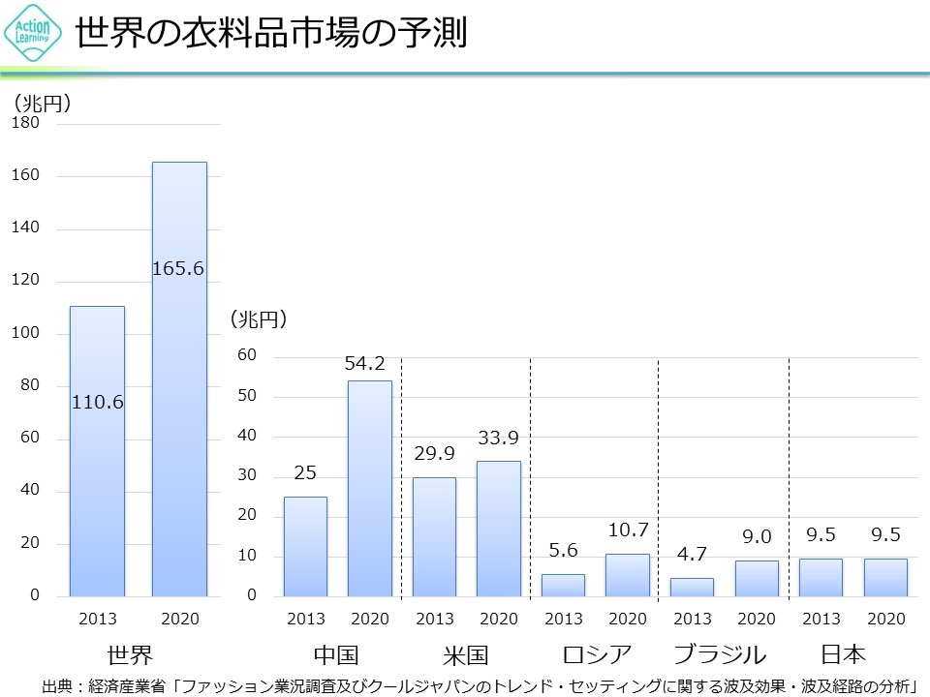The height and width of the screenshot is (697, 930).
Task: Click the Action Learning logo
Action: click(x=33, y=34)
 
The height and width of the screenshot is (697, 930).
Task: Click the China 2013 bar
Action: click(x=305, y=546)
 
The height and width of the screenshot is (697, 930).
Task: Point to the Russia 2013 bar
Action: click(x=563, y=585)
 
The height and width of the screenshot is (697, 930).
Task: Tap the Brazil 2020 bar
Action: click(x=757, y=578)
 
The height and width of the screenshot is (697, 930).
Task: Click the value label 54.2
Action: click(x=365, y=364)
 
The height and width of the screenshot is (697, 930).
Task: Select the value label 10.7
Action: click(x=628, y=530)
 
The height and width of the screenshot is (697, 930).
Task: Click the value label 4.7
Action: click(x=692, y=554)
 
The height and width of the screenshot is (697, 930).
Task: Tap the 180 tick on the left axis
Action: click(x=26, y=123)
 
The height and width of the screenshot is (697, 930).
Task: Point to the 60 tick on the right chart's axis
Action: click(x=247, y=355)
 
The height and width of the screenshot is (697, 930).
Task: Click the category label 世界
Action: click(x=130, y=653)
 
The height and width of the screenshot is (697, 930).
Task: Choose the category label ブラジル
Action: click(x=719, y=653)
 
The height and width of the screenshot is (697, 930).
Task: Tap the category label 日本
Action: click(x=842, y=653)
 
